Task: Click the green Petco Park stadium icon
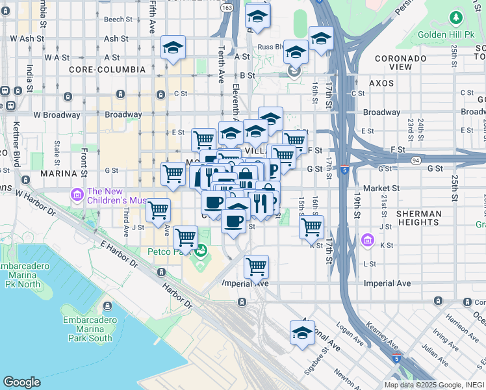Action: coord(202,248)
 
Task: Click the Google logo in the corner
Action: coord(21,382)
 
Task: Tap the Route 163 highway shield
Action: coord(227,7)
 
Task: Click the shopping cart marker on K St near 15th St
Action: coord(312,227)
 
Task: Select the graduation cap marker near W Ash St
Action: coord(173,47)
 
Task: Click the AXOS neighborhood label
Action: coord(381,84)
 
